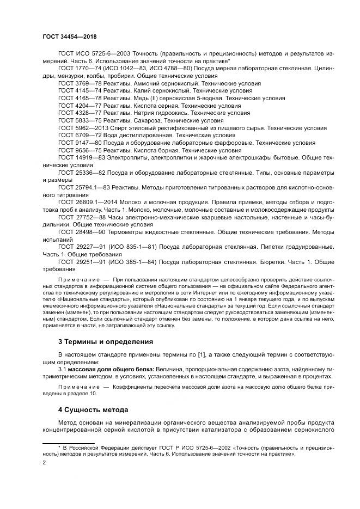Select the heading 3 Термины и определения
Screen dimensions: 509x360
click(x=105, y=341)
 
